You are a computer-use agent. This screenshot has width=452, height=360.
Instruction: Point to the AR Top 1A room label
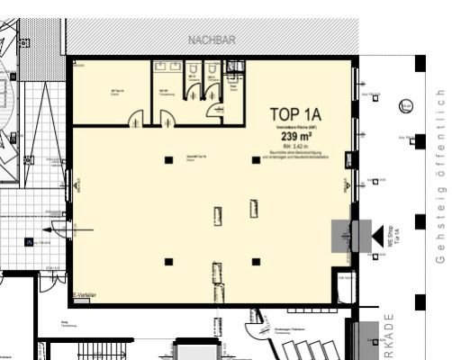116,91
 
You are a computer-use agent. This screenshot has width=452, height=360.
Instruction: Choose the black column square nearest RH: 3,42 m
256,160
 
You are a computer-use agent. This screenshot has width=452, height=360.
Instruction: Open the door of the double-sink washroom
168,113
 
